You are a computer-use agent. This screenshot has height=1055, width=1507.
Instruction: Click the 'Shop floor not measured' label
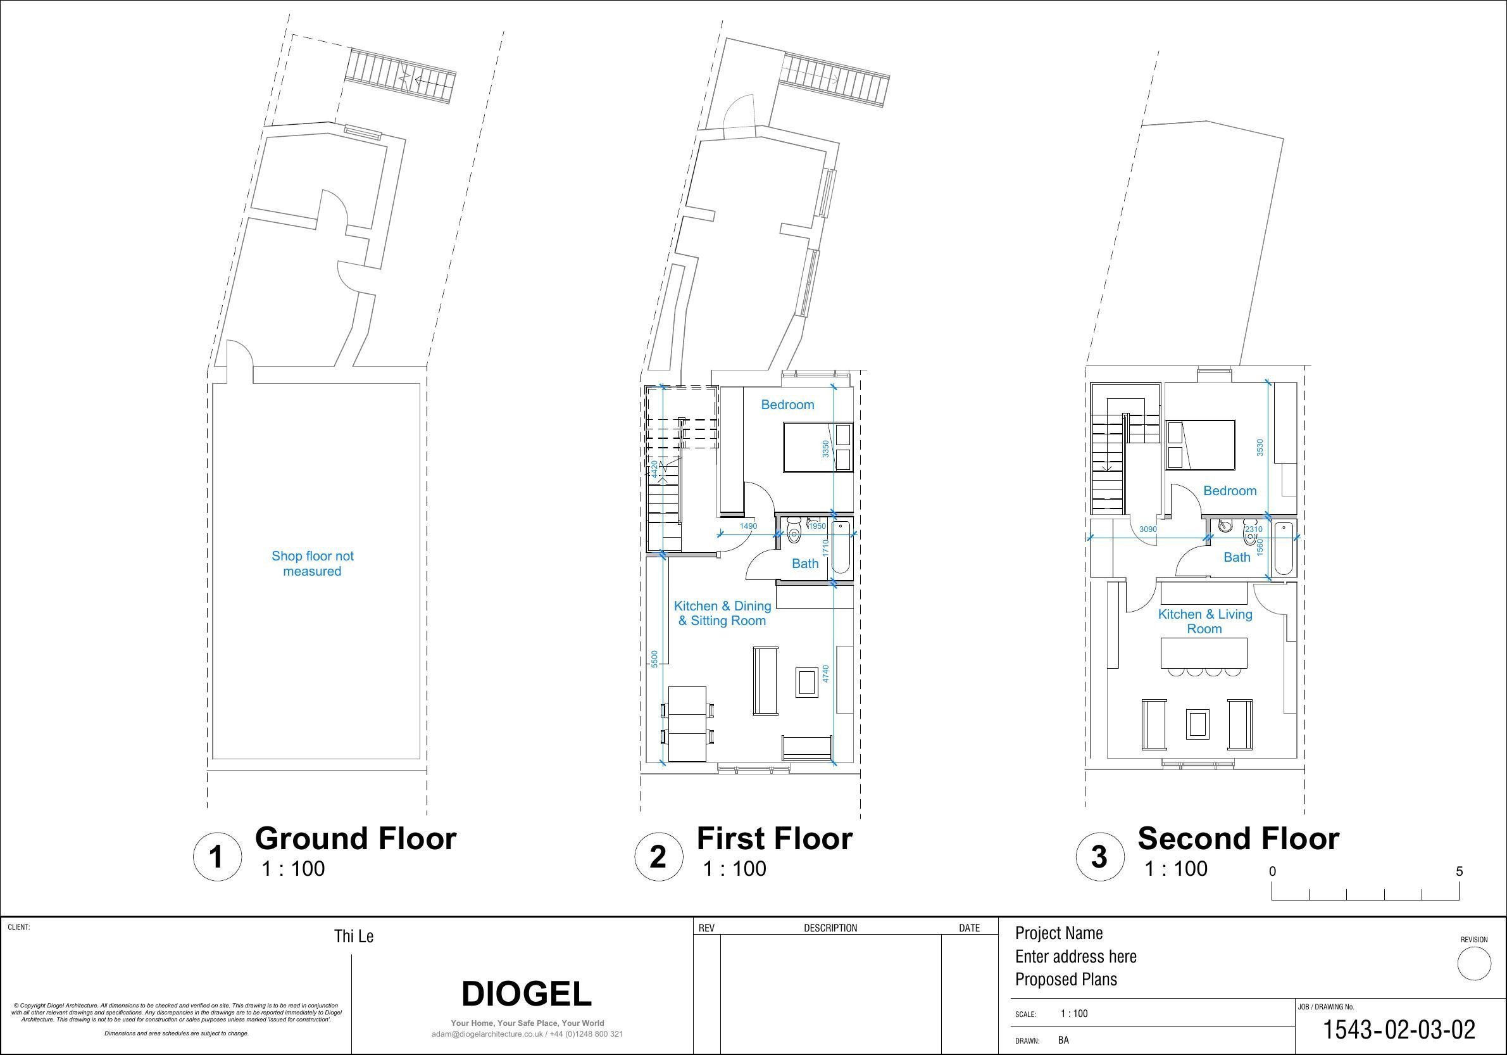(x=313, y=564)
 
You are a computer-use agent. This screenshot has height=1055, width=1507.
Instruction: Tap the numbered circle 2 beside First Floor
(x=658, y=856)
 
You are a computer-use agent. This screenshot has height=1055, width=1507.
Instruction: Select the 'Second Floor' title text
(x=1238, y=838)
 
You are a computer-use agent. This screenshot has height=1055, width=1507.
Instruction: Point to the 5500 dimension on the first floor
(x=654, y=659)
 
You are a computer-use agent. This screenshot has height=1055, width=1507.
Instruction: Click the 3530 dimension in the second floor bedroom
(x=1260, y=448)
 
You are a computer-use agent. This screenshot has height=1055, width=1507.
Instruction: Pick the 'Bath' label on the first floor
(x=805, y=564)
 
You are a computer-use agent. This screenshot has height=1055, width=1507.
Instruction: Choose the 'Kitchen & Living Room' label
(x=1205, y=621)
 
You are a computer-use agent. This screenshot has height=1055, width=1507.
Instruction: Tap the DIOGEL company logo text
(x=527, y=994)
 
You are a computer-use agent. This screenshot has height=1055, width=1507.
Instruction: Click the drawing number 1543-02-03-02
(x=1399, y=1030)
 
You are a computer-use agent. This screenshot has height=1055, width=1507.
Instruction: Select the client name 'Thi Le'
(x=354, y=936)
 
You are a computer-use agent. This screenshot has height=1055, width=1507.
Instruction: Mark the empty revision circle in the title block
(x=1474, y=964)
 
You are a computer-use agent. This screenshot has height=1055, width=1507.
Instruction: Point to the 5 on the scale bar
(x=1459, y=871)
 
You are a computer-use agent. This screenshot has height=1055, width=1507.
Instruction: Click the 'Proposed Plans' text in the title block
(x=1066, y=980)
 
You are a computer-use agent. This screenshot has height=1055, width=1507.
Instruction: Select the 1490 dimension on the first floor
(x=748, y=526)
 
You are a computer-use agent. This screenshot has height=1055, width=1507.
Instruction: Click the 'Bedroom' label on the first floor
(x=787, y=405)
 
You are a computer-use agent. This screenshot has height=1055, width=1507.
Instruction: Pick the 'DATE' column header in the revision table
(x=970, y=928)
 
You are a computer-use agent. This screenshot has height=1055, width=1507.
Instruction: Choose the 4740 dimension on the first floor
(x=826, y=674)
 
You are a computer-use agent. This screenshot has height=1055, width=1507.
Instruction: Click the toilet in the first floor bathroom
(x=794, y=532)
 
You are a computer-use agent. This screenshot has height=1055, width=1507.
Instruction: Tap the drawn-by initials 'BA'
(x=1063, y=1040)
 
